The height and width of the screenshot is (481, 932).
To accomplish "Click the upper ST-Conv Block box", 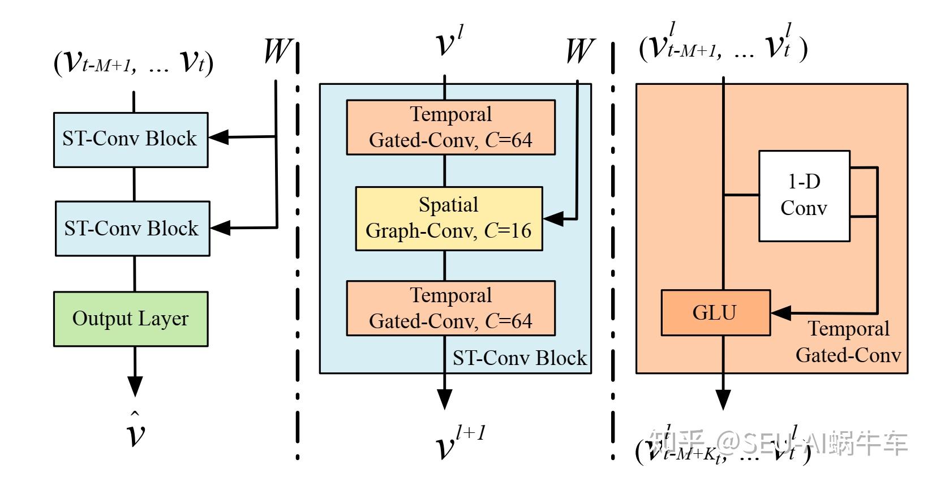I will [x=131, y=139].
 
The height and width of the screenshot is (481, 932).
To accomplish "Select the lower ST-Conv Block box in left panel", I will [x=132, y=229].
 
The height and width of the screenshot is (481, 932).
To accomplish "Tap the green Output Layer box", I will [x=131, y=319].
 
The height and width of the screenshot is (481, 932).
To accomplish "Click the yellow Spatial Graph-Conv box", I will [x=449, y=218].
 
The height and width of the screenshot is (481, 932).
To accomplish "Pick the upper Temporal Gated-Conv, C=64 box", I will [x=450, y=127].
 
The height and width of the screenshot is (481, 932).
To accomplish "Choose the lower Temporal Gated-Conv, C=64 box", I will [x=450, y=308].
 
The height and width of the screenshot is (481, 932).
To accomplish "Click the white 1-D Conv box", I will [x=804, y=196].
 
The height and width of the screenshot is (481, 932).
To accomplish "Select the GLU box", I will [x=715, y=313].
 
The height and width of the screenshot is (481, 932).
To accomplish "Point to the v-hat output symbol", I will [x=135, y=431].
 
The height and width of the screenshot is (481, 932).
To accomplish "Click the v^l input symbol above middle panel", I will [x=449, y=42].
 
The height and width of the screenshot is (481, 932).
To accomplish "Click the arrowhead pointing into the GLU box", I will [x=781, y=313].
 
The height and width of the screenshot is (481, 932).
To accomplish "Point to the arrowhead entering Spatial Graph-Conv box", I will [x=553, y=218].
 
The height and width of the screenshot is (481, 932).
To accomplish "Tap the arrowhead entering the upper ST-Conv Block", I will [x=218, y=137].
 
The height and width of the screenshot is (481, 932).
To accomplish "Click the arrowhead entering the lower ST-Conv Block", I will [x=220, y=227].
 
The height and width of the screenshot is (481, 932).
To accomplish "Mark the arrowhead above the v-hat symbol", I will [x=135, y=387].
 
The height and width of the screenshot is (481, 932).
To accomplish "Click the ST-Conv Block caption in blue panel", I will [x=519, y=358].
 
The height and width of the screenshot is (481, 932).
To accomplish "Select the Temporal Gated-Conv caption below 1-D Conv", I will [x=848, y=342].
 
